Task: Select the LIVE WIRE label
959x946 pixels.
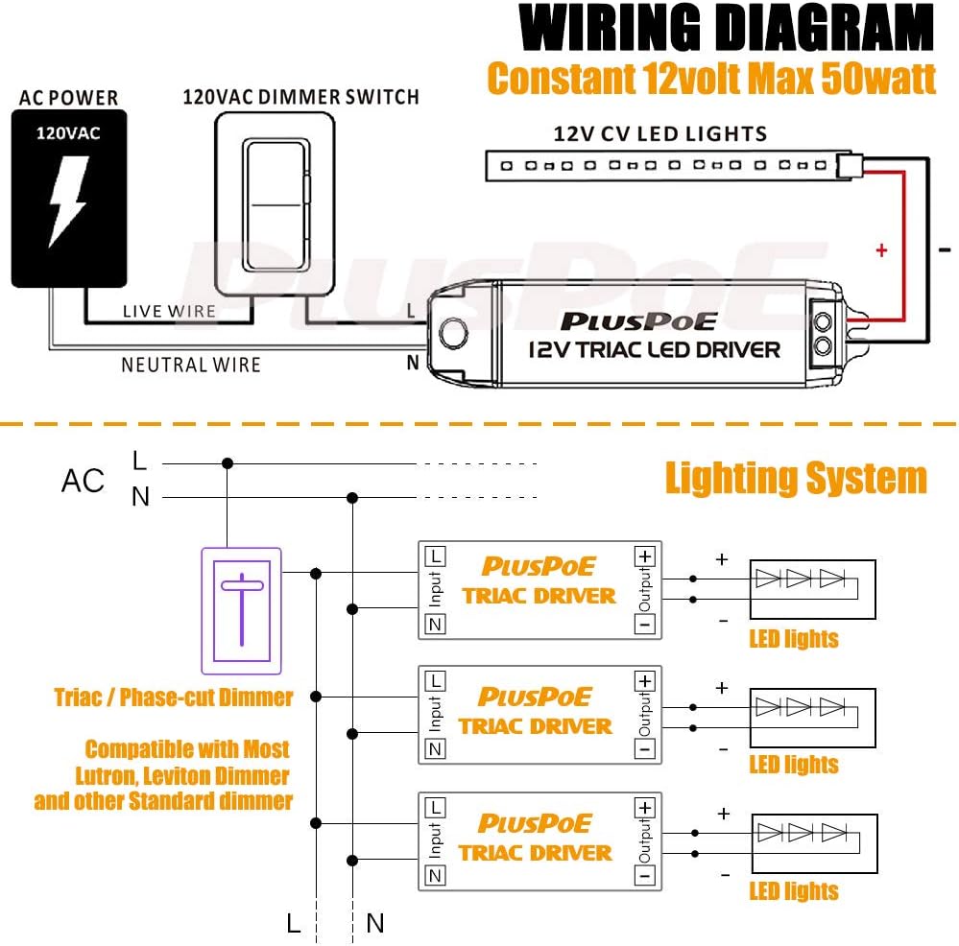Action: [x=169, y=311]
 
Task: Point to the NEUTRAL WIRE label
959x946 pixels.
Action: [x=190, y=365]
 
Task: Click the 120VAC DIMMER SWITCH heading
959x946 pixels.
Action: [x=300, y=97]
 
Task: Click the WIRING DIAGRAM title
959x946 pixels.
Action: [x=727, y=30]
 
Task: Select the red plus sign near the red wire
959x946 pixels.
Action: [x=881, y=251]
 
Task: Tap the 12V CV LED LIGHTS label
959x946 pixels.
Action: [x=659, y=133]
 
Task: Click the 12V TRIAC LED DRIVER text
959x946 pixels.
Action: [x=655, y=349]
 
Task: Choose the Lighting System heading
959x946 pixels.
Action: [x=796, y=478]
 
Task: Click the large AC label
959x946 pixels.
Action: [x=83, y=481]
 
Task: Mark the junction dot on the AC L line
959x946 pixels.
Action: [x=228, y=463]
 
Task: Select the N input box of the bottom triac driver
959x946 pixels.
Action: [x=436, y=875]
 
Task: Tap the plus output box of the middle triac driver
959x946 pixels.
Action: [x=645, y=681]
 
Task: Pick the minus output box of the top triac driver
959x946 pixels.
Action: [x=645, y=625]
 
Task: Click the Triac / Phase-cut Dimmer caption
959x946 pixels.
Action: [x=174, y=698]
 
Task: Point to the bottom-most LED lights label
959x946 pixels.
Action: [x=794, y=891]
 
